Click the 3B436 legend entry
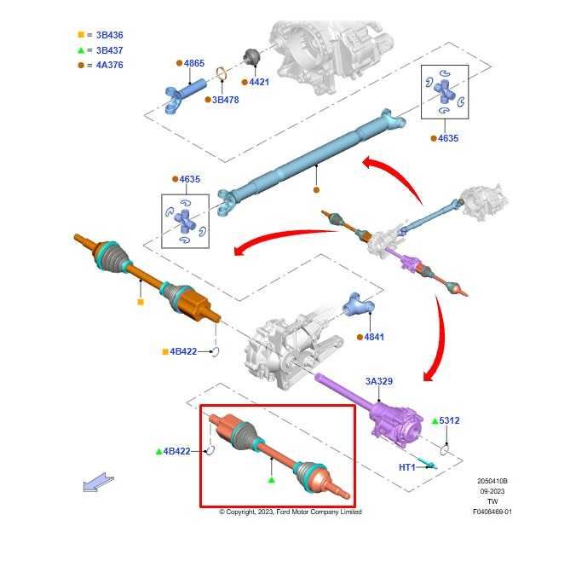point(109,35)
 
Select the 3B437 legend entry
point(109,50)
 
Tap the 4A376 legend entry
point(109,65)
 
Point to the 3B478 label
point(225,100)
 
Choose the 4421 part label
point(257,83)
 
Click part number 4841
point(374,337)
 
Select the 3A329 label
point(379,381)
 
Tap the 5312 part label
point(449,420)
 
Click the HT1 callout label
point(407,467)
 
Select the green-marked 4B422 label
point(176,451)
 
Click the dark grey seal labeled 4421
point(251,56)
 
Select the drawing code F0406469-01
point(492,512)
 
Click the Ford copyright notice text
point(291,512)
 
